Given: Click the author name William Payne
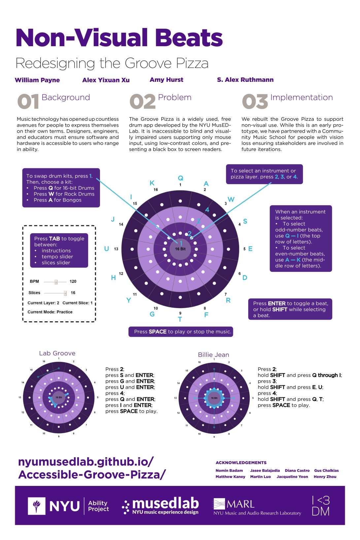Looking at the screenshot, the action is (x=37, y=80).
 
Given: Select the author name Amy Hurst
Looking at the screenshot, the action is (x=166, y=80).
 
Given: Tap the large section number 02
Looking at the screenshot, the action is (x=143, y=102).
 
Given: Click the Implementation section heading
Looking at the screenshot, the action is (x=301, y=98).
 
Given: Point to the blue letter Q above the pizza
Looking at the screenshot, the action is (x=180, y=178).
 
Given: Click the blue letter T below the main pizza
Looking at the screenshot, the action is (x=180, y=319).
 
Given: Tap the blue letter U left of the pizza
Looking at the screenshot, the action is (x=107, y=249).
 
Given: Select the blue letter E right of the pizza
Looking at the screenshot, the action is (x=250, y=249).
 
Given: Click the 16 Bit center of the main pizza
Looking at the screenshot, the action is (x=180, y=249).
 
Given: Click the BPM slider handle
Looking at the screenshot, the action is (x=56, y=282).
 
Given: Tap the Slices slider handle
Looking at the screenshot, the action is (x=65, y=293).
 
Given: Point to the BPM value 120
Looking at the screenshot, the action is (x=73, y=281).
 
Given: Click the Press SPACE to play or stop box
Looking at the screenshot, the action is (x=181, y=332).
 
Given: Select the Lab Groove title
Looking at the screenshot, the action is (x=57, y=353).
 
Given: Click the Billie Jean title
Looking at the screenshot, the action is (x=213, y=355).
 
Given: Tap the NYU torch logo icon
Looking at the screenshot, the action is (x=37, y=505).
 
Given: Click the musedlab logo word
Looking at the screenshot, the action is (x=165, y=503).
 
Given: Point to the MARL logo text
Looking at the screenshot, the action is (x=241, y=504).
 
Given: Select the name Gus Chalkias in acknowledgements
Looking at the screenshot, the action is (x=326, y=470).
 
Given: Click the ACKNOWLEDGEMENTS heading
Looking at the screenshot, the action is (x=241, y=463).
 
